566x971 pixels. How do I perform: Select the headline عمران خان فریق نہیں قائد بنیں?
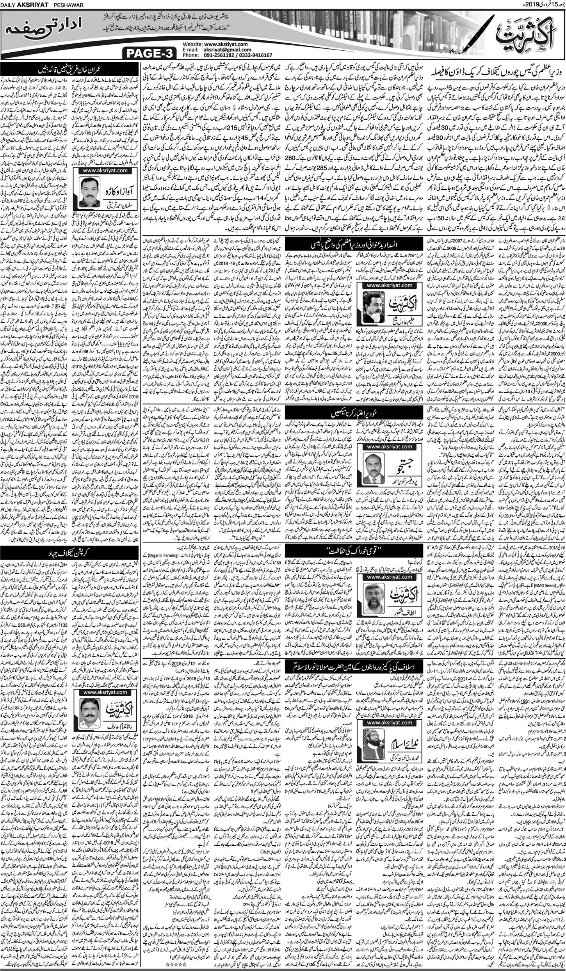(70, 71)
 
